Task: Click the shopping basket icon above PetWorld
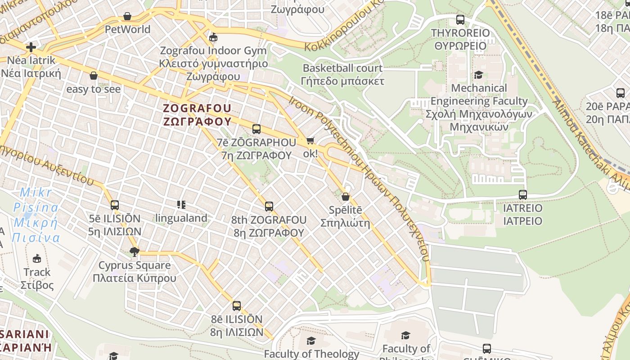[127, 17]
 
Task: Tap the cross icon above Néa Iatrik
[31, 47]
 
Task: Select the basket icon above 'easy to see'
[94, 76]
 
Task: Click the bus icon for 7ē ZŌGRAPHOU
[256, 129]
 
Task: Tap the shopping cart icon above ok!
[310, 141]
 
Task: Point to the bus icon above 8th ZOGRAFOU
[269, 207]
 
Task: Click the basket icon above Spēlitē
[345, 197]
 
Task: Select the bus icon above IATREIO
[522, 195]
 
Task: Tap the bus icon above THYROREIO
[460, 20]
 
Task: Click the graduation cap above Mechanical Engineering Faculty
[478, 75]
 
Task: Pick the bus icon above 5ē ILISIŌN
[115, 205]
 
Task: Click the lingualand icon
[181, 205]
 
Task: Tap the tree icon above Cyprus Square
[134, 252]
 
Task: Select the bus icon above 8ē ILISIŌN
[237, 306]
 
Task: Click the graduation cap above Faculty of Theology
[311, 341]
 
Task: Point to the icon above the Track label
[37, 258]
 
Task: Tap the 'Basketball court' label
[342, 68]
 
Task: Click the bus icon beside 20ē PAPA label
[620, 93]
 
